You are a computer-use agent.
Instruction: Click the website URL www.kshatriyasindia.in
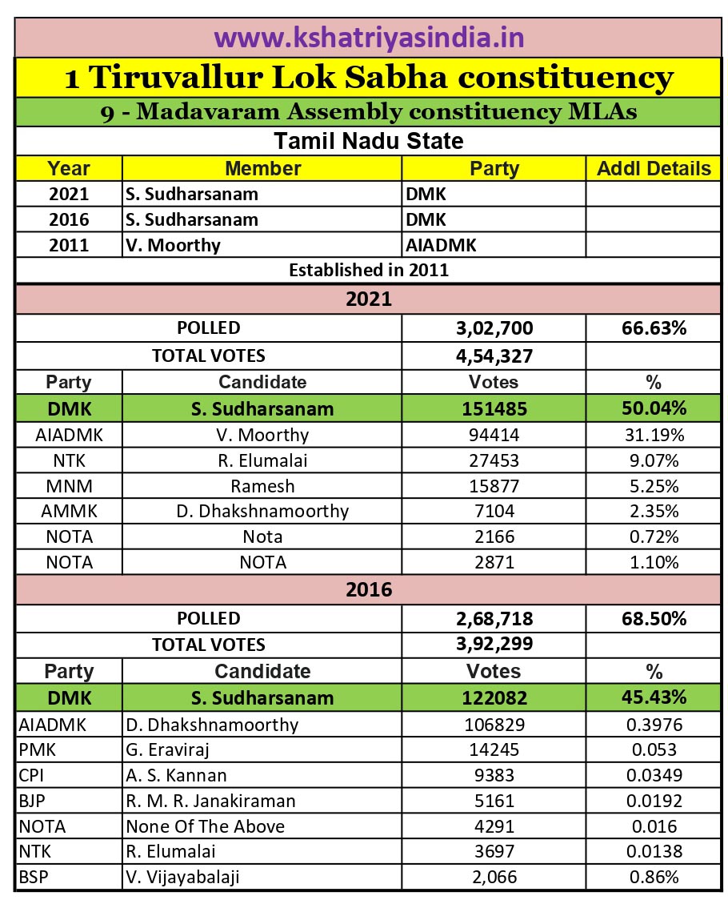(x=369, y=38)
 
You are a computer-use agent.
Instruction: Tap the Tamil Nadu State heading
(x=369, y=141)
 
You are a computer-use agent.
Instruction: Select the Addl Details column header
(x=654, y=168)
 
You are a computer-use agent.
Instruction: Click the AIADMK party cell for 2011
(x=442, y=245)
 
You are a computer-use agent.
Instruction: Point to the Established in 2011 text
(x=369, y=270)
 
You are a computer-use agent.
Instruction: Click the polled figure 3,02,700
(x=494, y=328)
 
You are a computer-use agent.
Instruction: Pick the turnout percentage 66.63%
(x=654, y=328)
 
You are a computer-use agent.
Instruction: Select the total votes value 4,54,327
(x=494, y=356)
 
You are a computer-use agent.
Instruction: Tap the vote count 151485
(x=494, y=409)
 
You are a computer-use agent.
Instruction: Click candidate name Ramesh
(x=262, y=486)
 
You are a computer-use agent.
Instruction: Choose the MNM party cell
(x=69, y=486)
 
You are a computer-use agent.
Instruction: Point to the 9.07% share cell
(x=654, y=460)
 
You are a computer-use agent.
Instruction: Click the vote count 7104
(x=494, y=512)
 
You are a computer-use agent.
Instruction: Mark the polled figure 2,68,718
(x=494, y=619)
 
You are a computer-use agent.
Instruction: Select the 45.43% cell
(x=654, y=697)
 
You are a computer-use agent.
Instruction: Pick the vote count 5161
(x=494, y=801)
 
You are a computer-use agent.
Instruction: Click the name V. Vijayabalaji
(x=182, y=878)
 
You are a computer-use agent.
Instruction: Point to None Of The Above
(x=205, y=826)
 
